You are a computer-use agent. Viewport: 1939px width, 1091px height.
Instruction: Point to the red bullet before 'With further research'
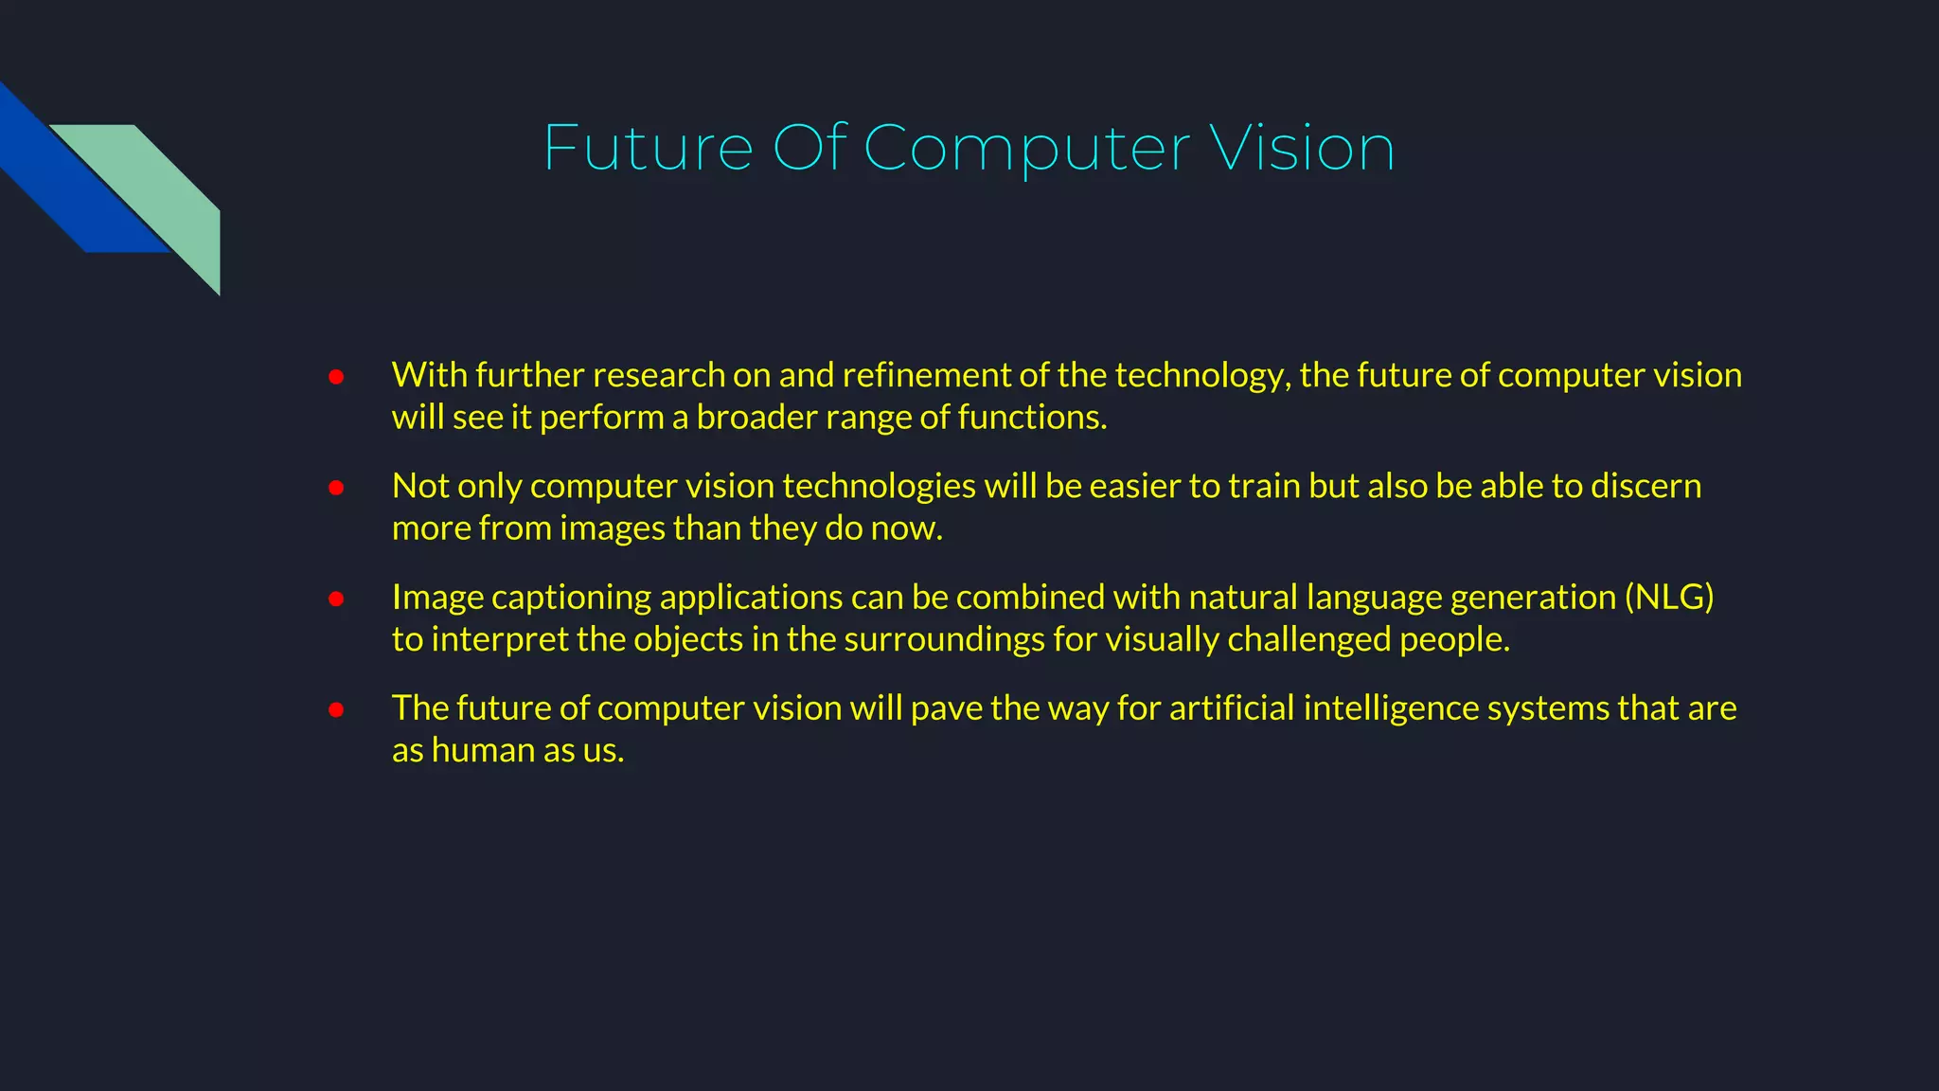336,377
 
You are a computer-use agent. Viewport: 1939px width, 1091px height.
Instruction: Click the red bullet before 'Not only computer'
336,488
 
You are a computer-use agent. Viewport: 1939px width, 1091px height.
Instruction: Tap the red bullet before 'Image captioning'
336,599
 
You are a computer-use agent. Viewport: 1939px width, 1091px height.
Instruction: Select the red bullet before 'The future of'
336,709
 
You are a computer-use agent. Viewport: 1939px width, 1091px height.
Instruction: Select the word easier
1134,486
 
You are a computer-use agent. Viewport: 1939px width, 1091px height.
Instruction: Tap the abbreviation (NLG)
1669,598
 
